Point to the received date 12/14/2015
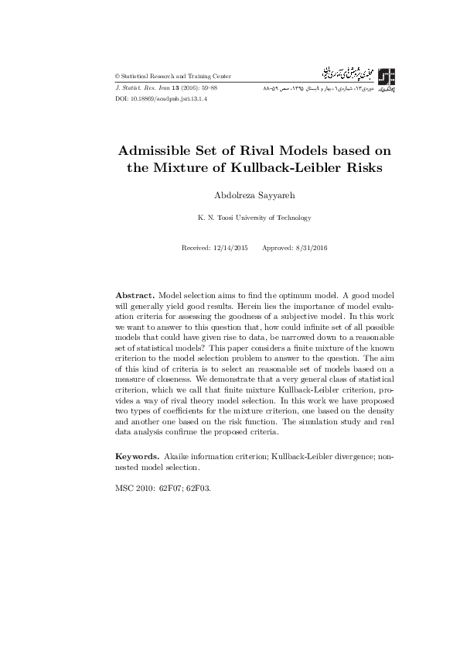click(230, 247)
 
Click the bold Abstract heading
click(135, 297)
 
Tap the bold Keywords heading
click(138, 457)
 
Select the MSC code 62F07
click(172, 490)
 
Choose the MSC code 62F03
click(199, 490)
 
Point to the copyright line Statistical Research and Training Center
click(173, 77)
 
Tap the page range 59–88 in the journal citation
click(207, 89)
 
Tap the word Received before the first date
click(195, 247)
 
